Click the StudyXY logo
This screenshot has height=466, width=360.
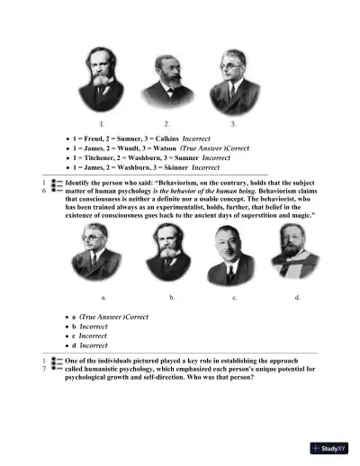[328, 447]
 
